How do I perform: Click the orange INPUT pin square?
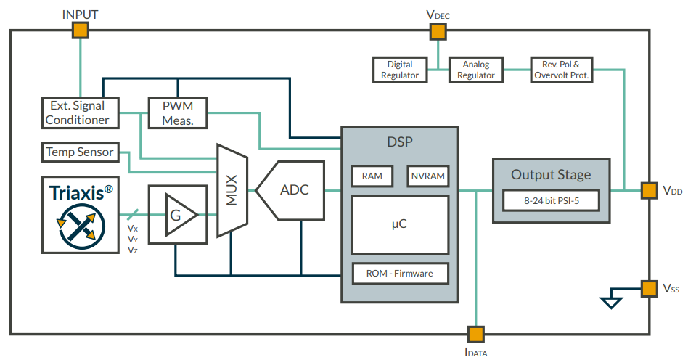click(x=80, y=30)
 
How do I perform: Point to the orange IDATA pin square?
click(x=475, y=334)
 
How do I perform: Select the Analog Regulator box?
click(x=475, y=70)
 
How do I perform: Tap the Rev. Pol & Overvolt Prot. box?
click(x=561, y=70)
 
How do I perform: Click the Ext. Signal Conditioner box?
click(x=78, y=113)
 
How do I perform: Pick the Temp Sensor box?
click(x=80, y=152)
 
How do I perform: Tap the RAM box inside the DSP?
click(x=372, y=176)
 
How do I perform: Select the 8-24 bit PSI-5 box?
click(x=552, y=200)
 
